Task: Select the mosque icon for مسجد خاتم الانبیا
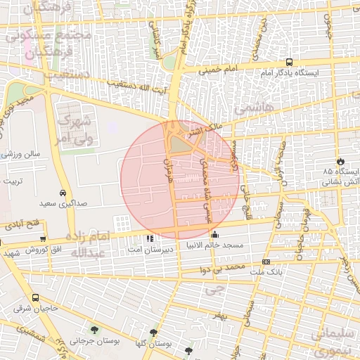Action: [x=214, y=236]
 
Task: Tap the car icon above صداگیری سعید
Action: [x=63, y=193]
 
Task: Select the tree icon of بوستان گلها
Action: [x=153, y=333]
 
